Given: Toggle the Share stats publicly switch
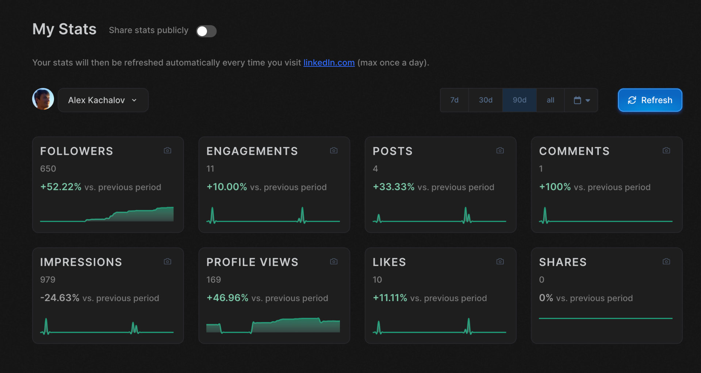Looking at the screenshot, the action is (206, 31).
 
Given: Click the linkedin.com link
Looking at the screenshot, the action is (329, 63).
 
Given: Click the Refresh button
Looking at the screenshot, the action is (650, 100).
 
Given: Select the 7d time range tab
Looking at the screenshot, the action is (454, 100).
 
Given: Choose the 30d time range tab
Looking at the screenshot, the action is (486, 100).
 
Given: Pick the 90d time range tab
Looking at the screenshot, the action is (520, 100).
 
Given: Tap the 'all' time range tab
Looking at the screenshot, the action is (551, 100).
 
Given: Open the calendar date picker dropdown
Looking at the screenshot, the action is (582, 100).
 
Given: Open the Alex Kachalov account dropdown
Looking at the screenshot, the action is (103, 100).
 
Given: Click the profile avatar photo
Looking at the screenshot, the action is (43, 99).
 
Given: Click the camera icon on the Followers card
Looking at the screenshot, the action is (168, 150).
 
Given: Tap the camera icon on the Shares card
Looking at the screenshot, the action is (666, 261).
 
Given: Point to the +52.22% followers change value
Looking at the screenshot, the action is (61, 187).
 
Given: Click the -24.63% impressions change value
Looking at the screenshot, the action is (60, 298).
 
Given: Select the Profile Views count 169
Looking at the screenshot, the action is (214, 280).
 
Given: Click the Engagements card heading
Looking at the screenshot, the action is (252, 151).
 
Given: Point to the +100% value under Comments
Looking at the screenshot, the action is (555, 187).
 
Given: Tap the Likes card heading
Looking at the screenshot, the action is (389, 262).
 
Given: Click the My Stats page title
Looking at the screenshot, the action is (64, 29).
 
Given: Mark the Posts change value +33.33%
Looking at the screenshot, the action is (394, 187).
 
